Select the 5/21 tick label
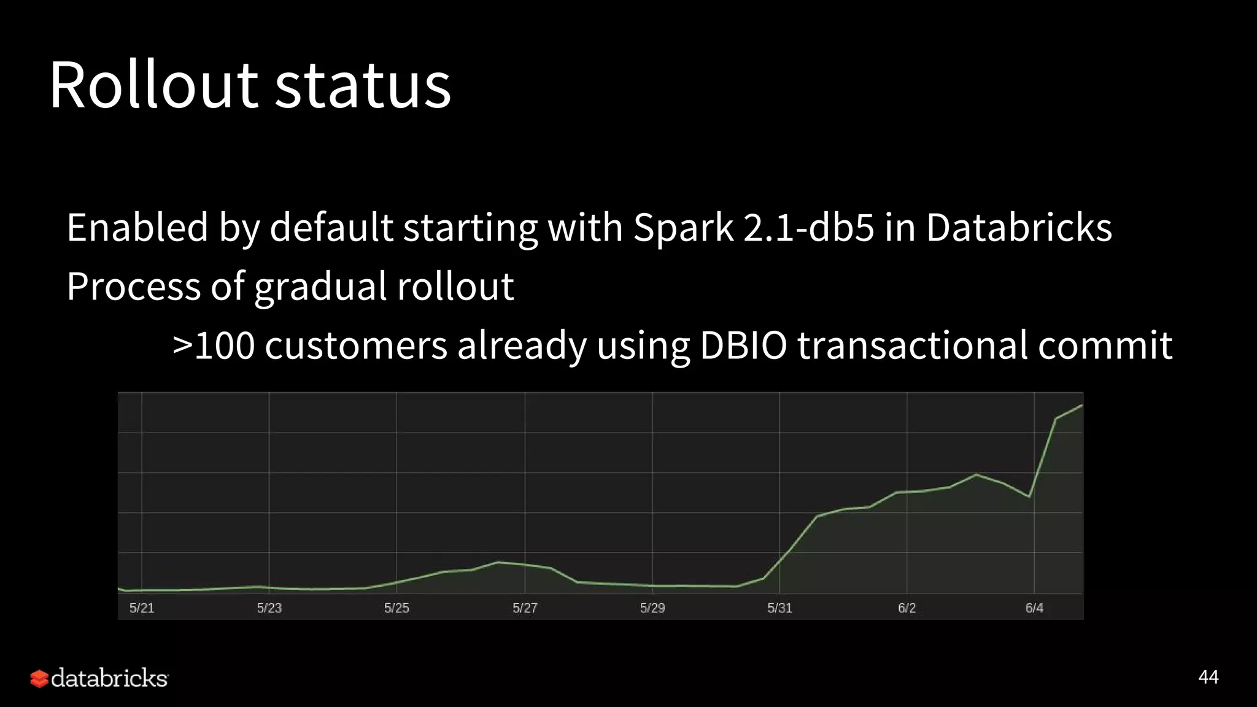tap(142, 608)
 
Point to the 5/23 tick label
tap(269, 608)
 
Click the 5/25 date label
tap(396, 608)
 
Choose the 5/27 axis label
tap(525, 608)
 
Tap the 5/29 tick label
tap(652, 608)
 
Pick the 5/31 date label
tap(779, 608)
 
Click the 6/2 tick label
tap(907, 608)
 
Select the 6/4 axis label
tap(1034, 608)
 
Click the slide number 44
tap(1208, 677)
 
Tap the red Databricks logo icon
tap(39, 678)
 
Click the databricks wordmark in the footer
tap(109, 678)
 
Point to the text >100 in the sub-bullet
tap(214, 345)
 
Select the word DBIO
tap(743, 345)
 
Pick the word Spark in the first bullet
tap(683, 228)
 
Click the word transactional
tap(912, 345)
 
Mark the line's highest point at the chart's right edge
tap(1081, 406)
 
